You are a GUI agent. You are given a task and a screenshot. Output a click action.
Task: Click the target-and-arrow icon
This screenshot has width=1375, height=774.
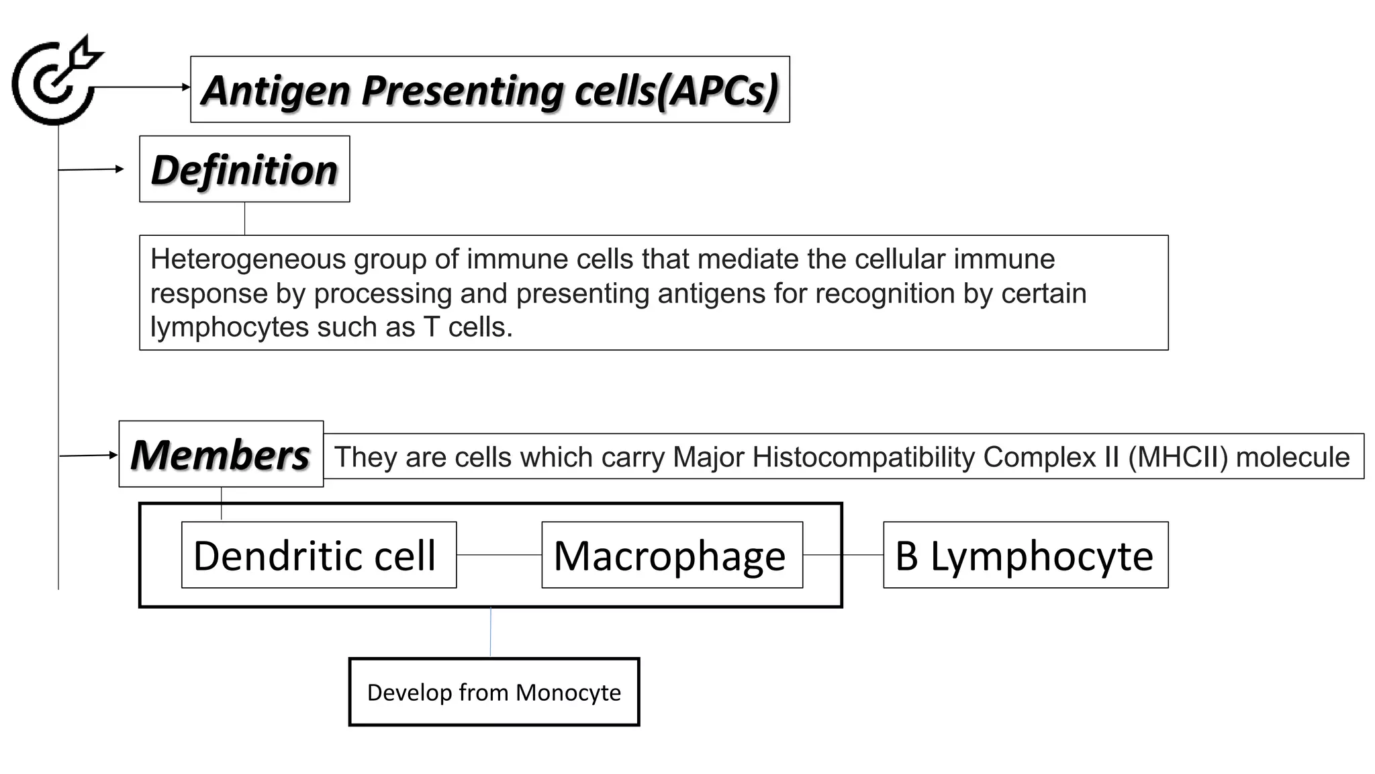pos(55,81)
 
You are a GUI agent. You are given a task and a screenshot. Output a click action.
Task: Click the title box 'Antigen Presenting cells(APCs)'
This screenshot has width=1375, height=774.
pos(489,89)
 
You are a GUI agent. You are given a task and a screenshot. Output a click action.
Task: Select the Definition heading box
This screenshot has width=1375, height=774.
pos(244,169)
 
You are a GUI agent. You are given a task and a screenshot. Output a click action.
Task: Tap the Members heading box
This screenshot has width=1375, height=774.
pos(221,454)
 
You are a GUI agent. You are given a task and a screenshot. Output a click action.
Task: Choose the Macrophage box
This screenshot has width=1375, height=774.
pos(671,555)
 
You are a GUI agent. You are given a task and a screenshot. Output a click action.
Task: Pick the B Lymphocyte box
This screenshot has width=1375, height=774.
pos(1025,555)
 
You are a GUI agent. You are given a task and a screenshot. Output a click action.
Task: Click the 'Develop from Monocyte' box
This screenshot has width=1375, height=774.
pos(493,692)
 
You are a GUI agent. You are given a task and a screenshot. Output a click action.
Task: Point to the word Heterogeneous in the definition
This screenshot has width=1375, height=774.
pos(248,259)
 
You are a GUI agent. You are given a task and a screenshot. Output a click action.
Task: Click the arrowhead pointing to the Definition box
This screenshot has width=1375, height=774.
pos(120,169)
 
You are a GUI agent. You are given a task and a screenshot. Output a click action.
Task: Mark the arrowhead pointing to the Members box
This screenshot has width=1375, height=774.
pos(114,455)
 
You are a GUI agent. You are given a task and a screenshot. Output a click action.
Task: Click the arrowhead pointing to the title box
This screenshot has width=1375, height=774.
pos(187,87)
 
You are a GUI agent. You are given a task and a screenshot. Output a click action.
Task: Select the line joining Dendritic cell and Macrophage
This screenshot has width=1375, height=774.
pos(499,555)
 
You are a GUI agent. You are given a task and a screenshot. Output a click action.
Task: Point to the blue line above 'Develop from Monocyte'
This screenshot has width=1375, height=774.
pos(490,632)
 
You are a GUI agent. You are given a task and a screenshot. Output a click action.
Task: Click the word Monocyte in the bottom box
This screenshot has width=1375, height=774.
pos(568,692)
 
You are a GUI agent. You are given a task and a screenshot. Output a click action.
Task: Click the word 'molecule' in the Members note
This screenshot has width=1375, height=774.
pos(1292,457)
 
